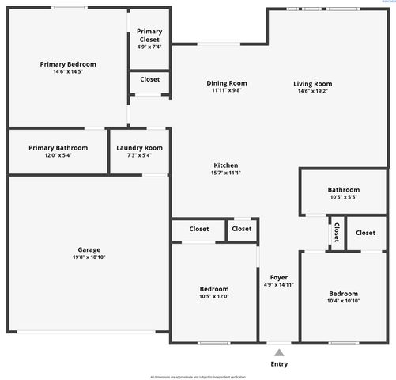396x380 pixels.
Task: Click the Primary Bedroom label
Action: [x=68, y=64]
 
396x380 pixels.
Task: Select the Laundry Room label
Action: [x=139, y=147]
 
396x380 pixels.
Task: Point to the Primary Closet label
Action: [x=149, y=36]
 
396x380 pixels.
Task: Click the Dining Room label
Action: [x=226, y=83]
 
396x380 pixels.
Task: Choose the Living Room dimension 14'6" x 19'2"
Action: [x=312, y=91]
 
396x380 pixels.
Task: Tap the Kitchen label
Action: [x=225, y=165]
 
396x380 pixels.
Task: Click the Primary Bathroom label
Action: [x=58, y=147]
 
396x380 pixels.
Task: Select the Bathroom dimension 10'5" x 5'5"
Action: [x=343, y=197]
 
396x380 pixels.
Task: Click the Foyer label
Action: [x=278, y=277]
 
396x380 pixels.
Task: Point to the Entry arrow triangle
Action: [x=279, y=352]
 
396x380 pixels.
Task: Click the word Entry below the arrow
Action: [x=279, y=364]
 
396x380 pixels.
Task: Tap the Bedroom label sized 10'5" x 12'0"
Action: [x=214, y=289]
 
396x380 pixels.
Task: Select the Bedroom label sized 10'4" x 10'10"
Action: [x=343, y=293]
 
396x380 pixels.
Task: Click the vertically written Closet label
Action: [x=337, y=233]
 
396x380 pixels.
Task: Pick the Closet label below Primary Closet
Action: [x=149, y=79]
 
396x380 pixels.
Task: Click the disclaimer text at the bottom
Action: [x=198, y=377]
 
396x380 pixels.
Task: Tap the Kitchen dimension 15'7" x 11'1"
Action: [x=225, y=173]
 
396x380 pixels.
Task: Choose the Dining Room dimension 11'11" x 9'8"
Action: [x=226, y=91]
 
